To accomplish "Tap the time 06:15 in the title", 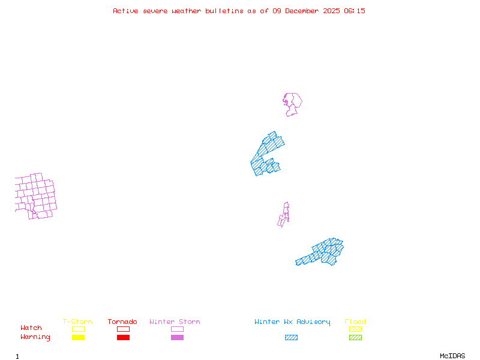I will pyautogui.click(x=356, y=11).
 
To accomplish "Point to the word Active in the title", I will pyautogui.click(x=125, y=11).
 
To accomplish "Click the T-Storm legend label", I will pyautogui.click(x=77, y=322).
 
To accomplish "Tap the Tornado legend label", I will pyautogui.click(x=122, y=322).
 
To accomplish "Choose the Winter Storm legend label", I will pyautogui.click(x=175, y=322).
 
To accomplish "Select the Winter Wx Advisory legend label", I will pyautogui.click(x=292, y=322).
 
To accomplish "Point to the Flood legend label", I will pyautogui.click(x=355, y=322).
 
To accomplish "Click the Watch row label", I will pyautogui.click(x=31, y=328).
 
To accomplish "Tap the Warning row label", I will pyautogui.click(x=35, y=337).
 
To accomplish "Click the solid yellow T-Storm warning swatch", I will pyautogui.click(x=78, y=338).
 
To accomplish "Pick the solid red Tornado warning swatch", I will pyautogui.click(x=123, y=338).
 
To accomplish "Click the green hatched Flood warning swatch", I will pyautogui.click(x=355, y=338).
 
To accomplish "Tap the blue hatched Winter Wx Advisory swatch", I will pyautogui.click(x=291, y=338).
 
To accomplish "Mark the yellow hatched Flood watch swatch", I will pyautogui.click(x=355, y=329).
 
